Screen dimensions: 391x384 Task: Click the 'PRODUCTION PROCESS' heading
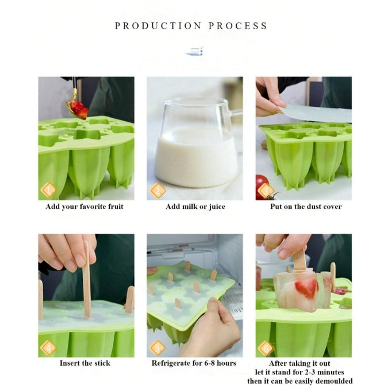(x=191, y=26)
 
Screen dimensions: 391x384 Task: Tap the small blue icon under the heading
(x=194, y=52)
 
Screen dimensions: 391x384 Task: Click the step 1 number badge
(x=49, y=190)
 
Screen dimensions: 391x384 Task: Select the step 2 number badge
(x=158, y=190)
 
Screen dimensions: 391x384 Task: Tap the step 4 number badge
(x=49, y=347)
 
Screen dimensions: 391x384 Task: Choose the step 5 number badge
(x=158, y=347)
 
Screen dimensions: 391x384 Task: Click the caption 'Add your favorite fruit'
(x=85, y=207)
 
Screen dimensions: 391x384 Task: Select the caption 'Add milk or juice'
(x=195, y=207)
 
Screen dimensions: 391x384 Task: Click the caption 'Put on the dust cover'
(x=306, y=207)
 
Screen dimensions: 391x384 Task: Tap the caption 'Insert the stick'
(x=85, y=363)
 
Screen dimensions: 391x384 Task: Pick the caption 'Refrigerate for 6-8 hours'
(x=194, y=363)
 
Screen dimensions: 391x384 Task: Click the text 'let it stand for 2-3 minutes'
(x=304, y=372)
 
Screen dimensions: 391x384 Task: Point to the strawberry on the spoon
(x=78, y=109)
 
